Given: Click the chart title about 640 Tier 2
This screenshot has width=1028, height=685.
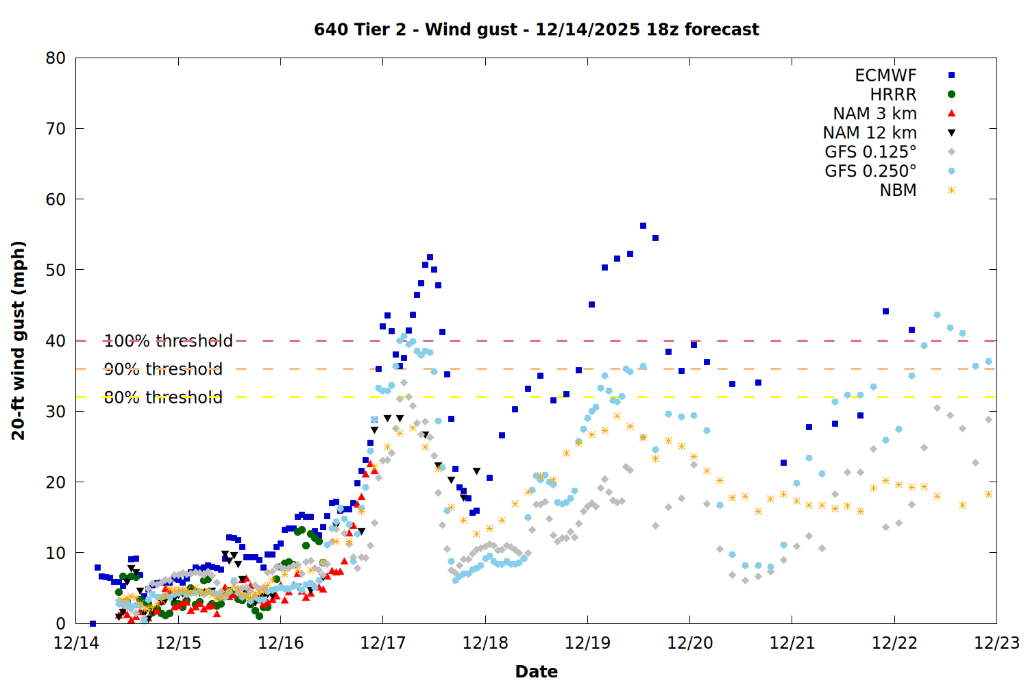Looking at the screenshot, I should [536, 29].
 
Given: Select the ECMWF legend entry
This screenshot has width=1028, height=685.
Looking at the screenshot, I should [885, 75].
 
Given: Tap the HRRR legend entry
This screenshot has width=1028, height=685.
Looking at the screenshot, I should [893, 95].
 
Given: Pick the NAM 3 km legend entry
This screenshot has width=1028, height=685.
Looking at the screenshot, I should [874, 114].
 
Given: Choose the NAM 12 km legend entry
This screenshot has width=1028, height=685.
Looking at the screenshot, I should [870, 133].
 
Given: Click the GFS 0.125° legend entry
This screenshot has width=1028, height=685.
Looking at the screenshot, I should [870, 152].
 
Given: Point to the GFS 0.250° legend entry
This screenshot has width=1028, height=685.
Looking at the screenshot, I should [870, 171].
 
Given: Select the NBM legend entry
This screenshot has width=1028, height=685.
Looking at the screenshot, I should [898, 190].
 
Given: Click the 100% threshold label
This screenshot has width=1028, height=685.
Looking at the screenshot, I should [168, 340].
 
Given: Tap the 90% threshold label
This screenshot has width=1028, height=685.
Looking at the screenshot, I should [163, 369].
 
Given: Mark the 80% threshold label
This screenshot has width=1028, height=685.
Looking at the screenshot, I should [163, 397].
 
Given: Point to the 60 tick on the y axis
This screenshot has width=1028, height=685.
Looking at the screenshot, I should [56, 199].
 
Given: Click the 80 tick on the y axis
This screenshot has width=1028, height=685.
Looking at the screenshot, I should [56, 58].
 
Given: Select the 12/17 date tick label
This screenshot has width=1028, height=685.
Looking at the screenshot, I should [382, 643].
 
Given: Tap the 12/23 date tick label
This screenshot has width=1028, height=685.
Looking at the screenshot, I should [996, 643].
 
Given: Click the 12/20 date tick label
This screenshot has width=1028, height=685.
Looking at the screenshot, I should [689, 643].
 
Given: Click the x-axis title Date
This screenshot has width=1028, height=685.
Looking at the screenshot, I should [536, 671].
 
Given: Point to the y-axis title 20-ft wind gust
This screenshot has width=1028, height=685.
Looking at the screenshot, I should [19, 340].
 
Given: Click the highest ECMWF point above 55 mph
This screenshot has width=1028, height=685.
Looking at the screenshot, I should [643, 225].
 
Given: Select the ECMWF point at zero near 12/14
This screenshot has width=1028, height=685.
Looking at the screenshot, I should [93, 623].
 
